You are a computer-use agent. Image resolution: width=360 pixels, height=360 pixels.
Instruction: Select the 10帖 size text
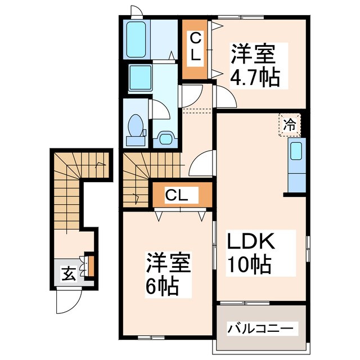click(x=249, y=263)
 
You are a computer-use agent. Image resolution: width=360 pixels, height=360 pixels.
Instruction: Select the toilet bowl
click(x=136, y=127)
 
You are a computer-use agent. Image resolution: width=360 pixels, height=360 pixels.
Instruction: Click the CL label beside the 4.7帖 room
click(x=195, y=48)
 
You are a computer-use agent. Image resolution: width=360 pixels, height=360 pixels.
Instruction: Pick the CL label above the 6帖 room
click(x=181, y=195)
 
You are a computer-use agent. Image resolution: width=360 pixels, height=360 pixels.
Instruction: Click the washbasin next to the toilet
click(x=166, y=137)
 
